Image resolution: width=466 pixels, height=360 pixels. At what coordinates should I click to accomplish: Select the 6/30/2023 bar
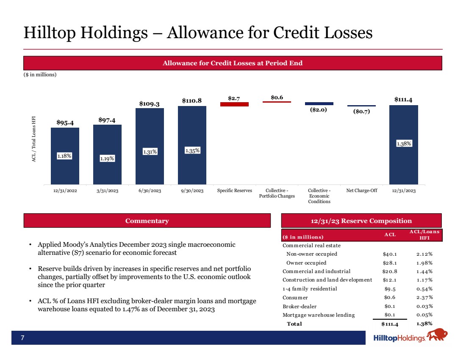150,146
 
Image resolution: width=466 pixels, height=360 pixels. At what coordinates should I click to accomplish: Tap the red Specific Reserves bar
234,104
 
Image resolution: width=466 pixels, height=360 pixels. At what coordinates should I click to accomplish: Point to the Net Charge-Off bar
361,106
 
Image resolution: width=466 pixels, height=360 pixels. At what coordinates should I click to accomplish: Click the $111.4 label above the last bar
404,100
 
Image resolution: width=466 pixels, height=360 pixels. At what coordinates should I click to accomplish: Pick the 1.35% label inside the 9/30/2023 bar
192,150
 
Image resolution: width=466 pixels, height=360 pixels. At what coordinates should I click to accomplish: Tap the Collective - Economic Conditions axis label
319,196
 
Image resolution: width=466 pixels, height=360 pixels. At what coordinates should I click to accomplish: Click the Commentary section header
147,221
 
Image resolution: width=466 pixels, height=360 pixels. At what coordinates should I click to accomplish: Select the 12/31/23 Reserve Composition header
361,221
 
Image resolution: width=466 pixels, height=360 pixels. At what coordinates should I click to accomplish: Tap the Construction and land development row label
327,280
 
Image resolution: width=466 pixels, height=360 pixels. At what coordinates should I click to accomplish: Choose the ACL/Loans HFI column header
424,234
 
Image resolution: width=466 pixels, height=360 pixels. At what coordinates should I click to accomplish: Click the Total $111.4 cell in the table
389,324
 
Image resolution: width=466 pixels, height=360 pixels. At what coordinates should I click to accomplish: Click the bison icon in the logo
436,335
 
